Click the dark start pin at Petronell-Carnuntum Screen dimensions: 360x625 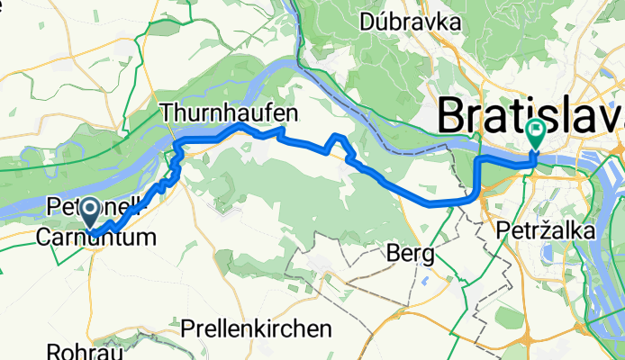pyautogui.click(x=92, y=211)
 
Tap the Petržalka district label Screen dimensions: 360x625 pyautogui.click(x=545, y=231)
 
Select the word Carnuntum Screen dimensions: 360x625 pyautogui.click(x=95, y=238)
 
